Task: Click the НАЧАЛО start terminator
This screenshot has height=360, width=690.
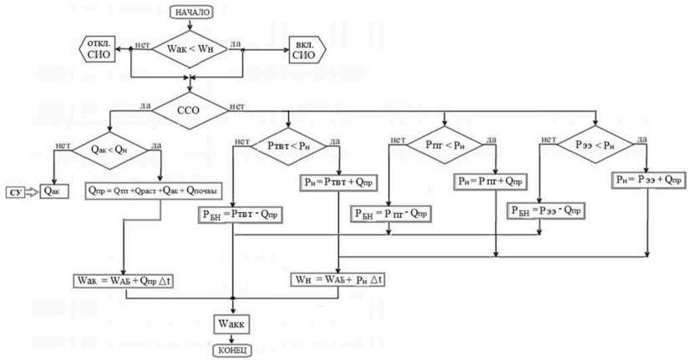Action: [x=193, y=12]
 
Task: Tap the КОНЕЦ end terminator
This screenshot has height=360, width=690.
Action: [x=231, y=350]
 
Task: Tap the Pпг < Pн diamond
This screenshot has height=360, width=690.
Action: [x=444, y=145]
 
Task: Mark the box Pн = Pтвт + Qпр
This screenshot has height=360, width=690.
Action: [x=338, y=181]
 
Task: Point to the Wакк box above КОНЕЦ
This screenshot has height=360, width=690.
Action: [x=231, y=321]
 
